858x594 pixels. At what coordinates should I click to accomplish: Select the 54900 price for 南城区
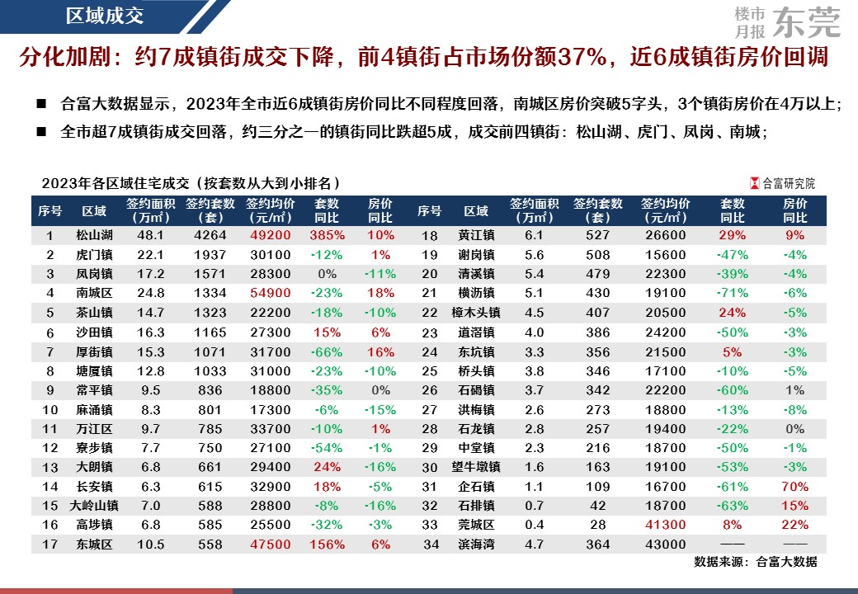(270, 292)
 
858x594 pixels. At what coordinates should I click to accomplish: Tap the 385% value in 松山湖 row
(327, 235)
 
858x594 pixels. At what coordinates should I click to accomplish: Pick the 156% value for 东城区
(327, 544)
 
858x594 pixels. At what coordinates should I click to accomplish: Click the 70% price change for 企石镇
(794, 487)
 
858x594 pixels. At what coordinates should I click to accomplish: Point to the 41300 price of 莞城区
(664, 525)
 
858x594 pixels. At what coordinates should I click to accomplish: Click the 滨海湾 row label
(476, 544)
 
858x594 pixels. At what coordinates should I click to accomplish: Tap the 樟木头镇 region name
(476, 312)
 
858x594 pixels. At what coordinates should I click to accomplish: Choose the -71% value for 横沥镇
(732, 292)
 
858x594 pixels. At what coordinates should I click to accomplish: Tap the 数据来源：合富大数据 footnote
(755, 562)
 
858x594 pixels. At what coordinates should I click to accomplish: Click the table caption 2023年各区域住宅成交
(190, 183)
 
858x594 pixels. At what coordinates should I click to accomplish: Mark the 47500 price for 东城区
(270, 544)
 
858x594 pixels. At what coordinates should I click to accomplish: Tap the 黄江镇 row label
(476, 235)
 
